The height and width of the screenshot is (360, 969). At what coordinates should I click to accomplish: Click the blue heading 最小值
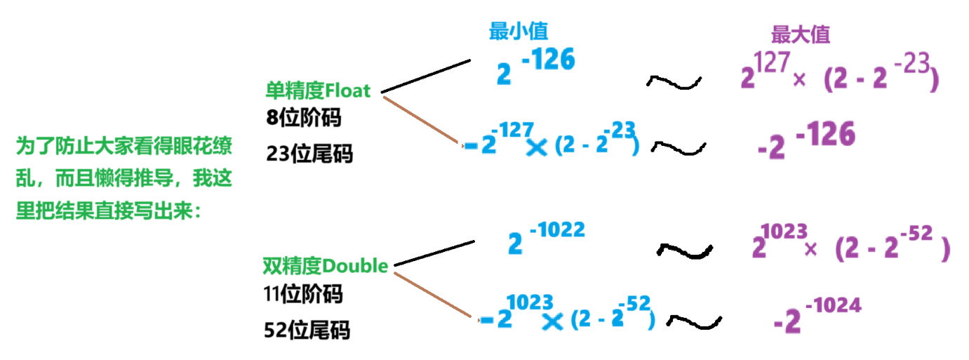click(519, 32)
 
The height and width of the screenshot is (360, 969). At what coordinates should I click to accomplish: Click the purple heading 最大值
click(801, 35)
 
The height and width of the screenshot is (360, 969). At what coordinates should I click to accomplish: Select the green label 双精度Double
click(325, 267)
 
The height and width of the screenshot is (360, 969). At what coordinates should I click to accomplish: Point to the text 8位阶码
click(304, 118)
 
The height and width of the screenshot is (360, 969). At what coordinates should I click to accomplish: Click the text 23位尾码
click(309, 153)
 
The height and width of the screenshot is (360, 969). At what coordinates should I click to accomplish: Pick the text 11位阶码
click(304, 295)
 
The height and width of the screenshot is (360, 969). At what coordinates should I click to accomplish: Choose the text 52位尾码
click(308, 330)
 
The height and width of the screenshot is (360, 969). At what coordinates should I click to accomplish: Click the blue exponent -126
click(547, 61)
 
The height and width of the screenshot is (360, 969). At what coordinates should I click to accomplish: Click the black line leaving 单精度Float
click(425, 76)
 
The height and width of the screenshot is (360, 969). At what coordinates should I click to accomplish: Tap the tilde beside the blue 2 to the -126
click(674, 82)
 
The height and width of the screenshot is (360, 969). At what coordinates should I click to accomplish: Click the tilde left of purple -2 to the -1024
click(694, 321)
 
